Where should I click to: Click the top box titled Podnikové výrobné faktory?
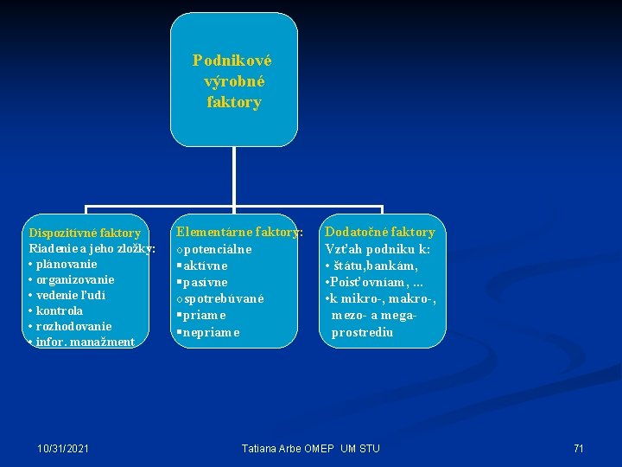point(233,81)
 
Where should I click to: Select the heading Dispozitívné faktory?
point(85,233)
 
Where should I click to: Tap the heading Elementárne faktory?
point(239,232)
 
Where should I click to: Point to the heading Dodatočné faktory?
point(380,232)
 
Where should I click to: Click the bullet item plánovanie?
point(67,264)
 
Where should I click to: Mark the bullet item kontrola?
point(60,310)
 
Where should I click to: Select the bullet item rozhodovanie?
point(73,326)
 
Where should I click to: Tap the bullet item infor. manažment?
point(85,342)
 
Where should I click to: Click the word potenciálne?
point(217,249)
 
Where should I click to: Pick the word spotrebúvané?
point(222,298)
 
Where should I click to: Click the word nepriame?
point(210,332)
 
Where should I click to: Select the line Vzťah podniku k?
point(378,249)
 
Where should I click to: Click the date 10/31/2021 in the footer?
point(63,448)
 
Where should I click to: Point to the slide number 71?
point(579,448)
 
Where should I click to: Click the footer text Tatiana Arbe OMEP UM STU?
point(310,448)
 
